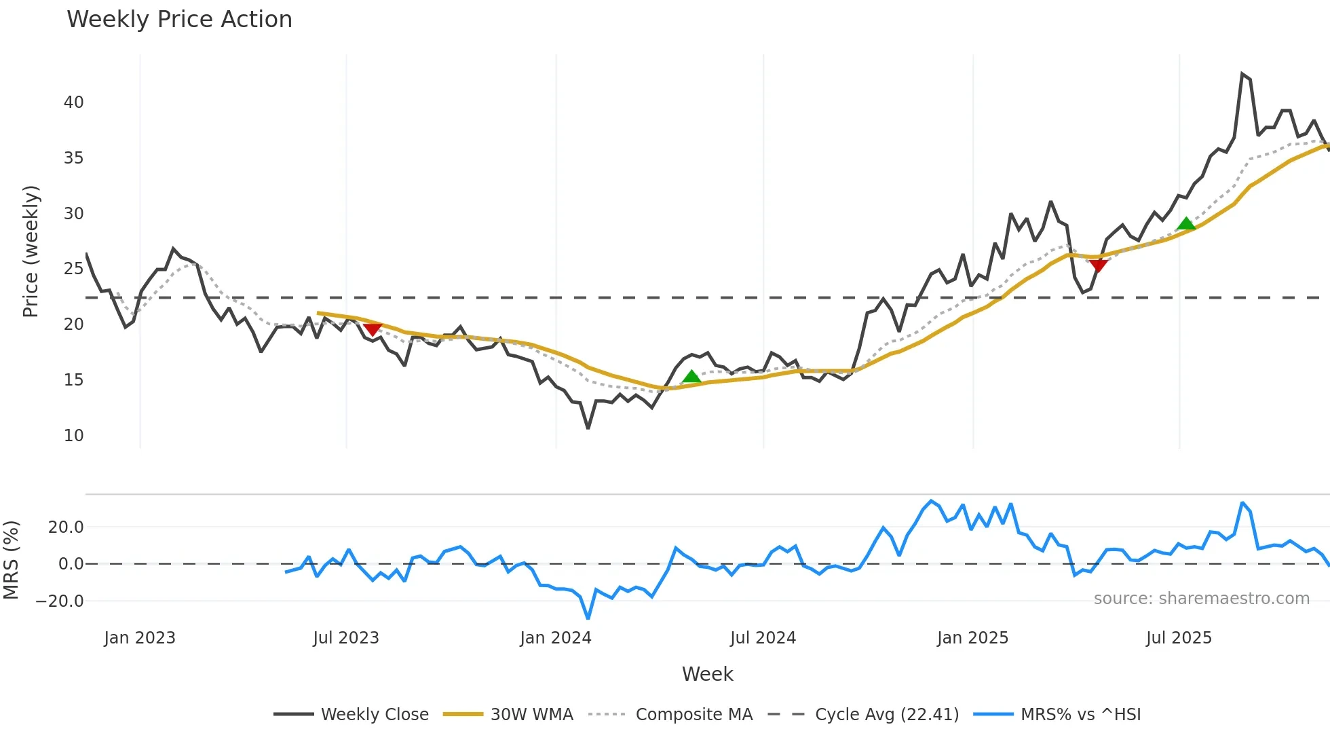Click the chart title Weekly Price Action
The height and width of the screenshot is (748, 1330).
pos(179,20)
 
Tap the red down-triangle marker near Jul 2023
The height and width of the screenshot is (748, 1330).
pos(373,329)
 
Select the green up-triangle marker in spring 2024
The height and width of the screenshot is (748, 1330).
pos(691,377)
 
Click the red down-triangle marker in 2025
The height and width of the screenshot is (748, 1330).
pos(1098,265)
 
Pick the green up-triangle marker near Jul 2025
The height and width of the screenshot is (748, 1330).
pos(1185,223)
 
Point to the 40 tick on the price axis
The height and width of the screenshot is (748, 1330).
pos(73,102)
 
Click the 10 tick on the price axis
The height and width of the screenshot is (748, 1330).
pos(73,436)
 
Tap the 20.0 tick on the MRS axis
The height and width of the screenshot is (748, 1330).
pos(66,527)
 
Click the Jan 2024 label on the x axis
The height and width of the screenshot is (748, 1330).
pos(556,638)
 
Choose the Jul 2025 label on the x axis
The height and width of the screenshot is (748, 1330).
pos(1179,638)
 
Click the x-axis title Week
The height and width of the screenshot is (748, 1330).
pos(707,674)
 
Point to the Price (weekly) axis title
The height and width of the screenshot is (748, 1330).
pos(31,251)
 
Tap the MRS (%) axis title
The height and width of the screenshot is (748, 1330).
pos(11,560)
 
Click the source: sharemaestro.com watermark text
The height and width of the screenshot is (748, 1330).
pos(1201,599)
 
